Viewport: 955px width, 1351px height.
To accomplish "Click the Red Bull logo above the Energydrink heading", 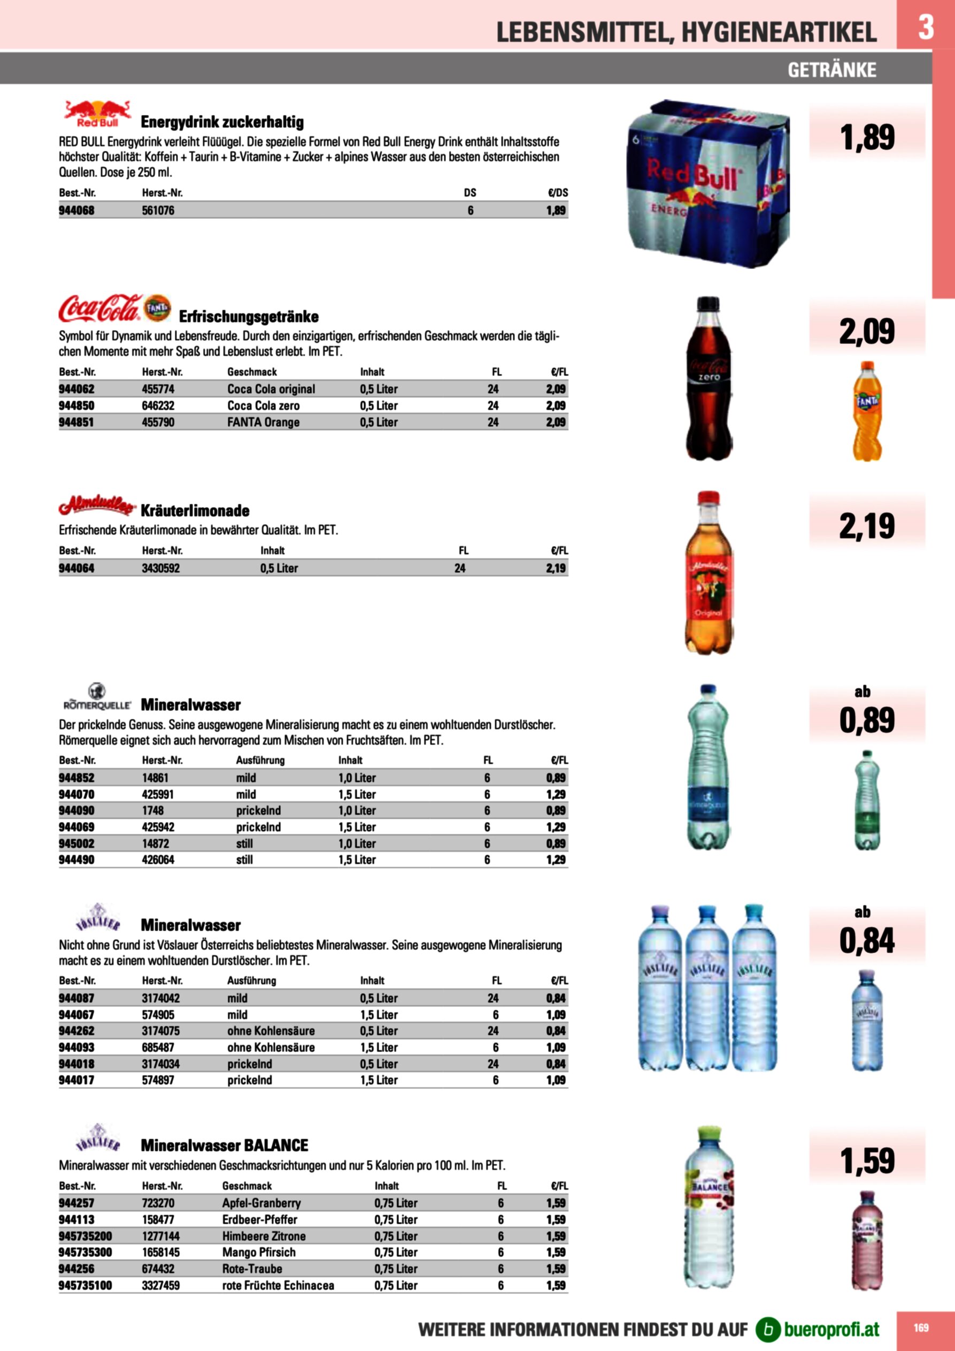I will tap(97, 114).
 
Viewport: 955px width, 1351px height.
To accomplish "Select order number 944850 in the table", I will tap(76, 405).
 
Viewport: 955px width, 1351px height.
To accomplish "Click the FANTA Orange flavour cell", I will tap(263, 422).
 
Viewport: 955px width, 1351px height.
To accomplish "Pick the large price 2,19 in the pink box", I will tap(867, 526).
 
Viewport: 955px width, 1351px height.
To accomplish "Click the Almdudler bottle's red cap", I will tap(708, 498).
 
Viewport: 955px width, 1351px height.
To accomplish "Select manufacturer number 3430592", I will tap(160, 568).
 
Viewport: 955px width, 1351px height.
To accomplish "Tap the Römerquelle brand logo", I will tap(97, 697).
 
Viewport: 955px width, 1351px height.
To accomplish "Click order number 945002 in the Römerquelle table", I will tap(76, 843).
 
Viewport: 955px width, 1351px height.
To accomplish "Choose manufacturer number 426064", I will tap(158, 859).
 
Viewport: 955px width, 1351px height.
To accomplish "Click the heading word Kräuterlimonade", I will tap(195, 511).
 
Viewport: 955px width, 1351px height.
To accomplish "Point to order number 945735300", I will tap(84, 1252).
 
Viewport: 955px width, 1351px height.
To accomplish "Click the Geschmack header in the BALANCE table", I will tap(247, 1186).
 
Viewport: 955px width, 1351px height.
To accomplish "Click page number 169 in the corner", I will tap(921, 1327).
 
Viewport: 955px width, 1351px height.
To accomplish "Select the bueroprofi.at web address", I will tap(831, 1329).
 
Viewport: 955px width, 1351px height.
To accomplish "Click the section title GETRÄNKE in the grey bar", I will tap(831, 70).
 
